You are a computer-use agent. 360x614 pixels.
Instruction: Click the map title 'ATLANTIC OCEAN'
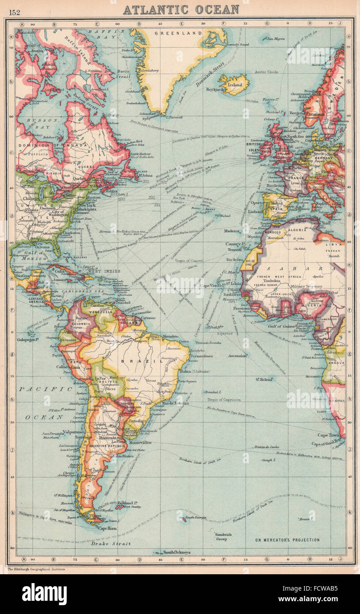(181, 9)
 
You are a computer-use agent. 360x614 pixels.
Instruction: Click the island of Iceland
(234, 84)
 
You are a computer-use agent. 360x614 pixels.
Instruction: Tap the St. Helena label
(264, 379)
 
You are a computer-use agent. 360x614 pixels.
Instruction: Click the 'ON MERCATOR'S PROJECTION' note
(287, 540)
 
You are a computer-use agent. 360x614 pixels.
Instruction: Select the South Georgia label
(195, 517)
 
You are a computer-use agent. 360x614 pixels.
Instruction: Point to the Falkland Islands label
(131, 503)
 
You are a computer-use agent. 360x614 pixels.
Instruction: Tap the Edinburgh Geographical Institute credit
(36, 569)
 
